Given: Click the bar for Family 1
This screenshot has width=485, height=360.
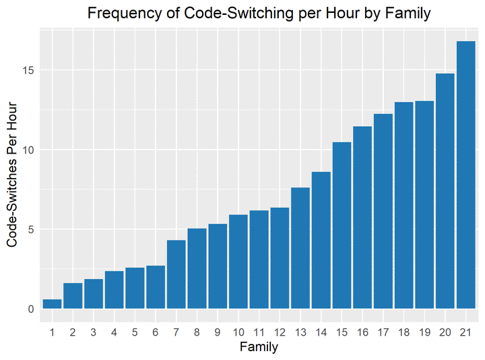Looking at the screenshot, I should (52, 304).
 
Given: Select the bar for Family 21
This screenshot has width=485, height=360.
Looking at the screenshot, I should (465, 175).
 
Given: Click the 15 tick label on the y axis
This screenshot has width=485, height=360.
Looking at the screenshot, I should (28, 70).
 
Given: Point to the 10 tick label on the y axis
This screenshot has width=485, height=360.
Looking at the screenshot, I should (28, 150).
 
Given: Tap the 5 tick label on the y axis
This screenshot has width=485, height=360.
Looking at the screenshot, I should (30, 229).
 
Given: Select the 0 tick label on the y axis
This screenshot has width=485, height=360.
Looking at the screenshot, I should (30, 309).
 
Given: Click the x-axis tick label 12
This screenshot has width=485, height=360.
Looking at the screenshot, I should (280, 332).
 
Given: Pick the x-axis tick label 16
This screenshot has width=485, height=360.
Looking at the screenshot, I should (362, 332).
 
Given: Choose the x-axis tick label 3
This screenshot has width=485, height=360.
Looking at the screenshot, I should (94, 332).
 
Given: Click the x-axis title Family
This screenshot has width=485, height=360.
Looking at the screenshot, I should (259, 348).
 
